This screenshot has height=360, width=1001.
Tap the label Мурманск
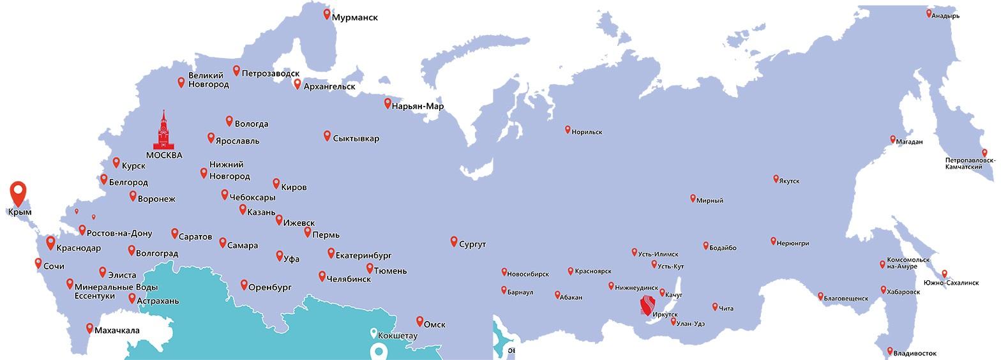click(354, 18)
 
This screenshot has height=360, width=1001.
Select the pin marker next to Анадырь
click(929, 13)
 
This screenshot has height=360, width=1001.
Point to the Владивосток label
click(915, 353)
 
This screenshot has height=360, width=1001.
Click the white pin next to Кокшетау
click(373, 333)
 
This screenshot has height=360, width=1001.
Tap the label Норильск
click(587, 131)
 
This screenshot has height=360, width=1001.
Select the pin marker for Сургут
click(454, 241)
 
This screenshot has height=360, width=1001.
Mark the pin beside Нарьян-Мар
click(388, 103)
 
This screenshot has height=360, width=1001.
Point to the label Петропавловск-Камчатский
click(970, 163)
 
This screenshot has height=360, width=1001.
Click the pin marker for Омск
click(419, 321)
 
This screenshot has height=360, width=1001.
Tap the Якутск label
click(789, 181)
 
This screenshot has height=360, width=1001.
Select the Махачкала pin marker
click(89, 328)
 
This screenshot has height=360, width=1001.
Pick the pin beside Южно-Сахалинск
click(944, 273)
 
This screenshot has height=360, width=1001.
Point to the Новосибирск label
click(528, 274)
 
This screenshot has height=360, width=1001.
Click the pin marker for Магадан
click(893, 139)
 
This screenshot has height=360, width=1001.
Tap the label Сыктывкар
click(356, 139)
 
